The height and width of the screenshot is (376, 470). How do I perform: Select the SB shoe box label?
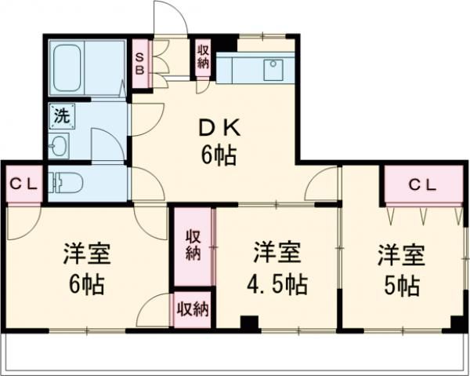[141, 61]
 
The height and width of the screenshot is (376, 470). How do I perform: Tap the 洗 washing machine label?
[61, 115]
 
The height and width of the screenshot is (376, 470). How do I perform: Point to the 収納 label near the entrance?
[203, 56]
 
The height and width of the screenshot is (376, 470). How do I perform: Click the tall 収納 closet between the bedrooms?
[193, 244]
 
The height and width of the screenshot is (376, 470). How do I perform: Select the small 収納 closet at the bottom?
[192, 308]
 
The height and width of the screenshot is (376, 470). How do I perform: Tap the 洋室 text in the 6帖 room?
[87, 255]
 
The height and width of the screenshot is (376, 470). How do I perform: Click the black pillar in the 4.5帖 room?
[249, 323]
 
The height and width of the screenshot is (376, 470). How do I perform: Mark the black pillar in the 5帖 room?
[456, 323]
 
